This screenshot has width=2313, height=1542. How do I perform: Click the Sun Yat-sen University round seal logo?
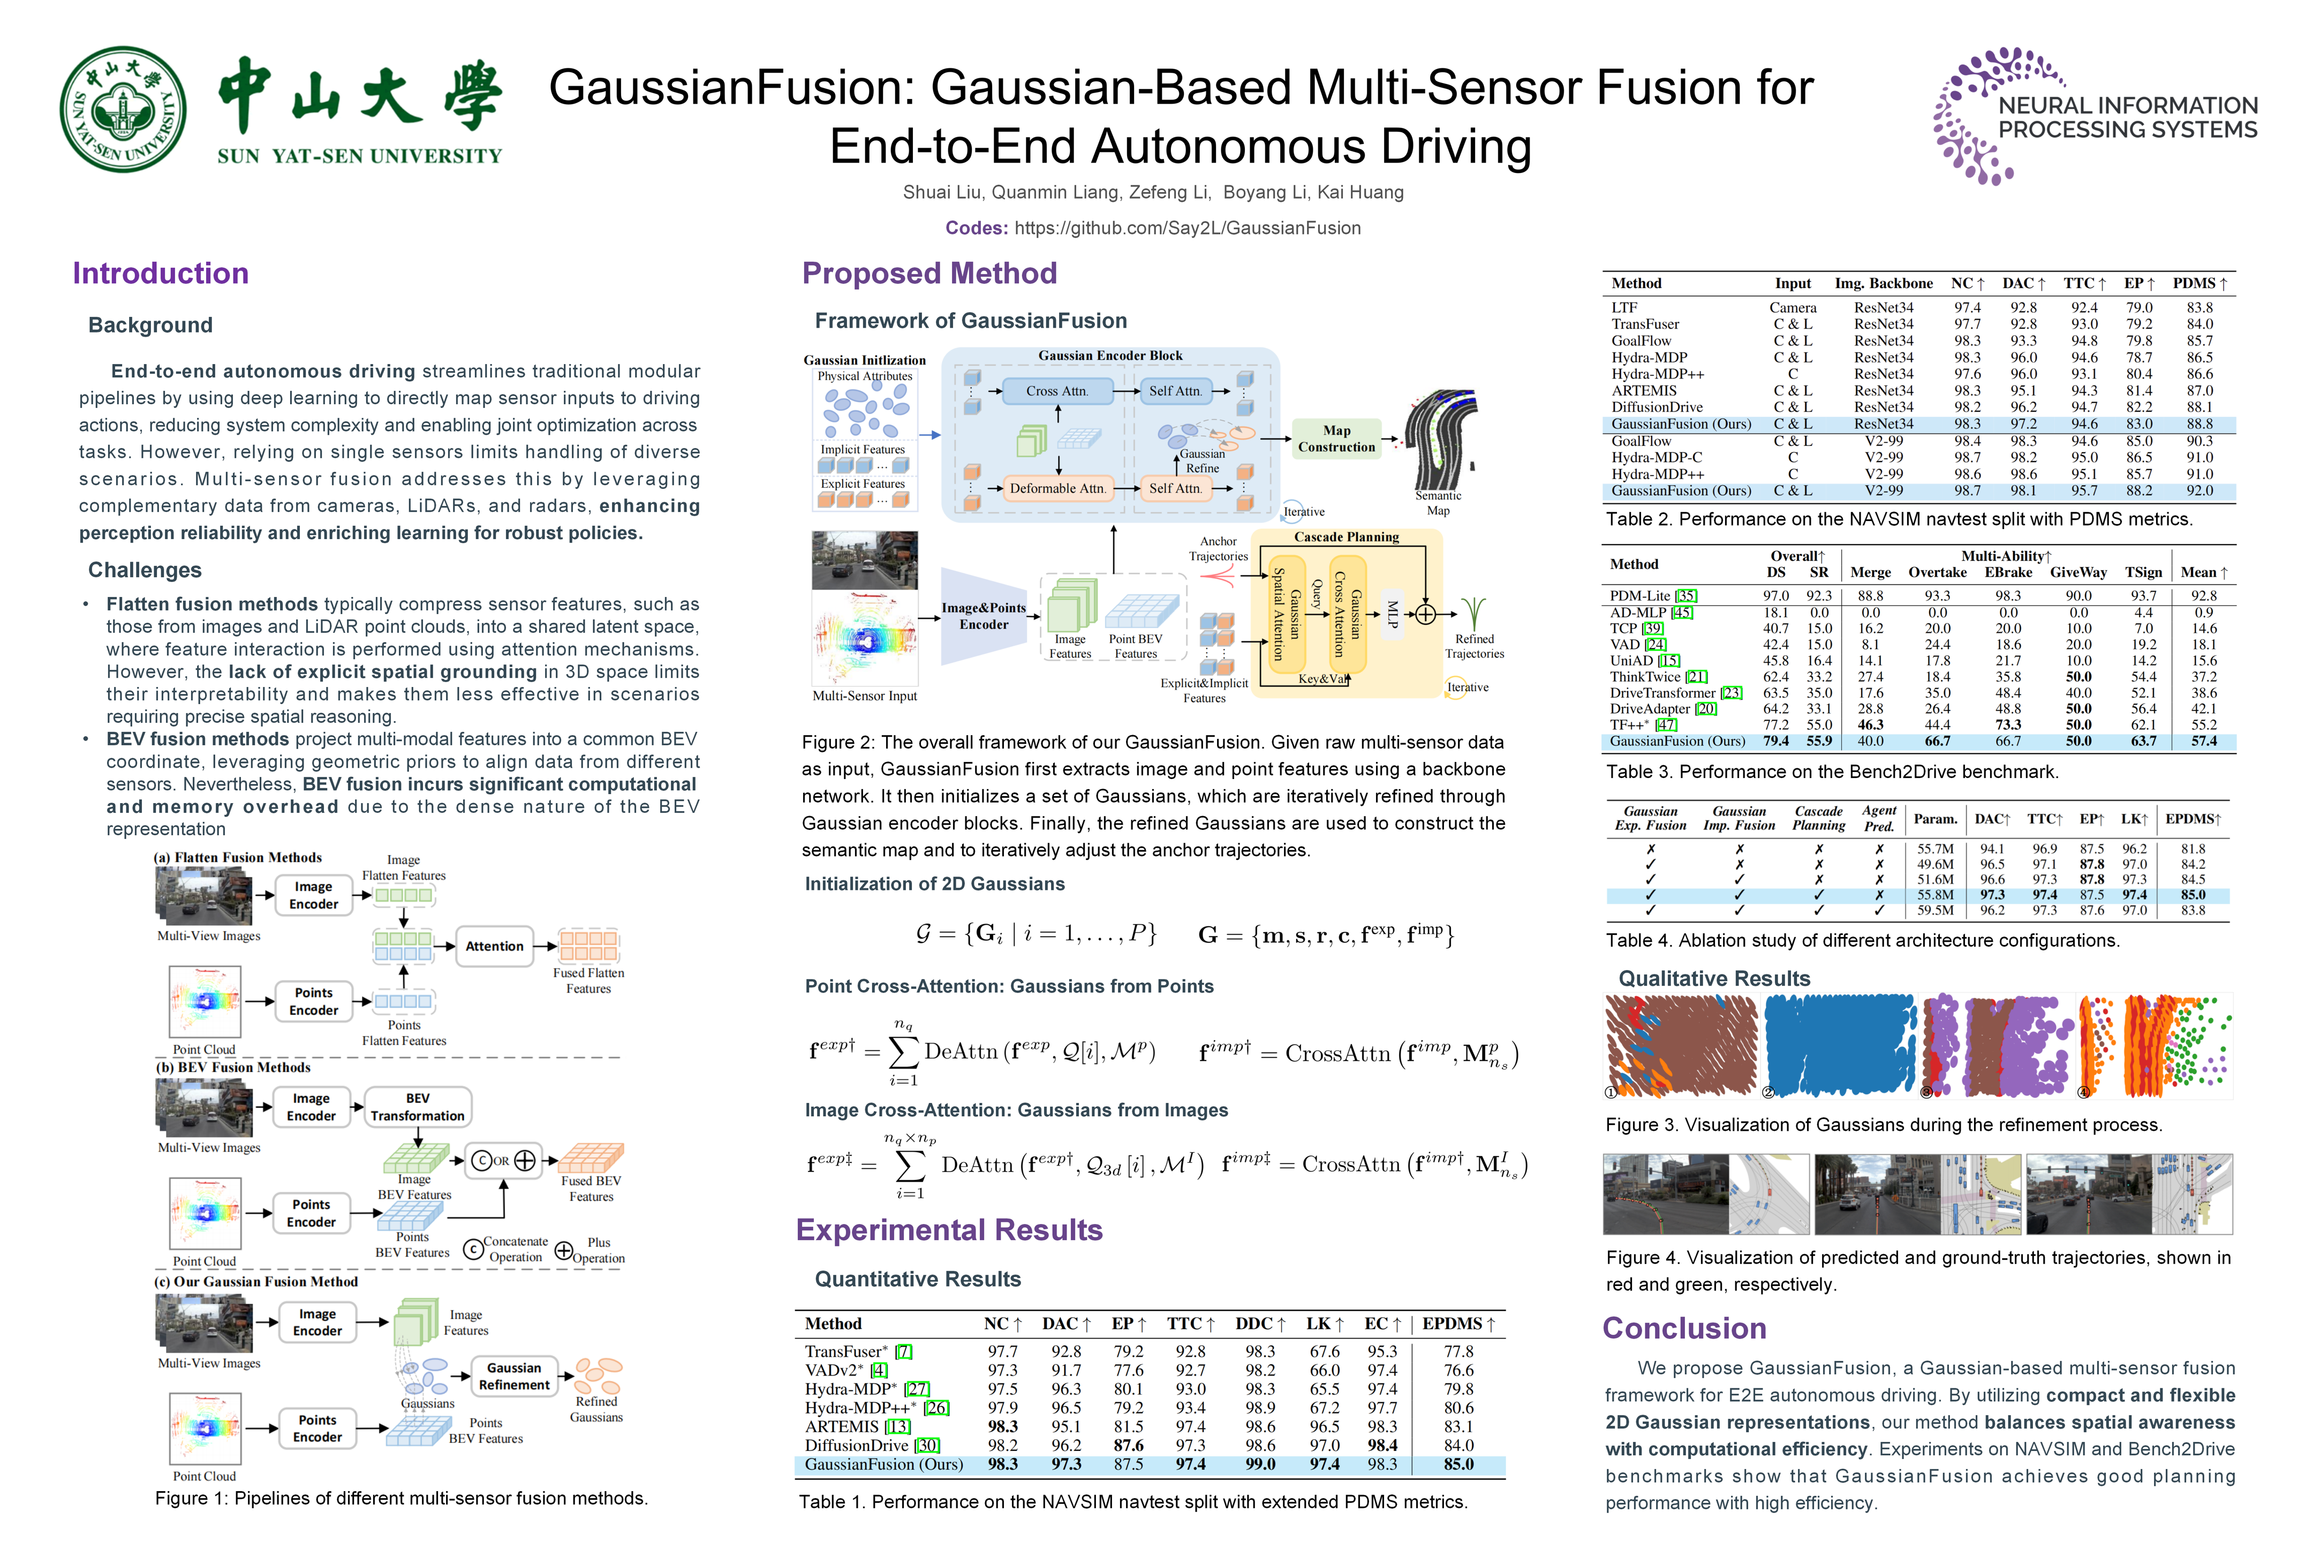click(123, 109)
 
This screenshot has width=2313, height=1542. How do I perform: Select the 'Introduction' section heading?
click(160, 274)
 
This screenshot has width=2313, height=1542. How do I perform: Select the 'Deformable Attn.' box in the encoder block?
click(1057, 488)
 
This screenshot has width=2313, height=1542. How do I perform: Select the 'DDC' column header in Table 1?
click(1260, 1324)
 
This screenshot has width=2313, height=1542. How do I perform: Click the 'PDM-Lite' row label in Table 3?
click(1639, 596)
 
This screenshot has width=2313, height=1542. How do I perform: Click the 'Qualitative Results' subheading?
click(1714, 979)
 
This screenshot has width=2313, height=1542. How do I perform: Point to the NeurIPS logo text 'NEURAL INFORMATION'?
click(2127, 105)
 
